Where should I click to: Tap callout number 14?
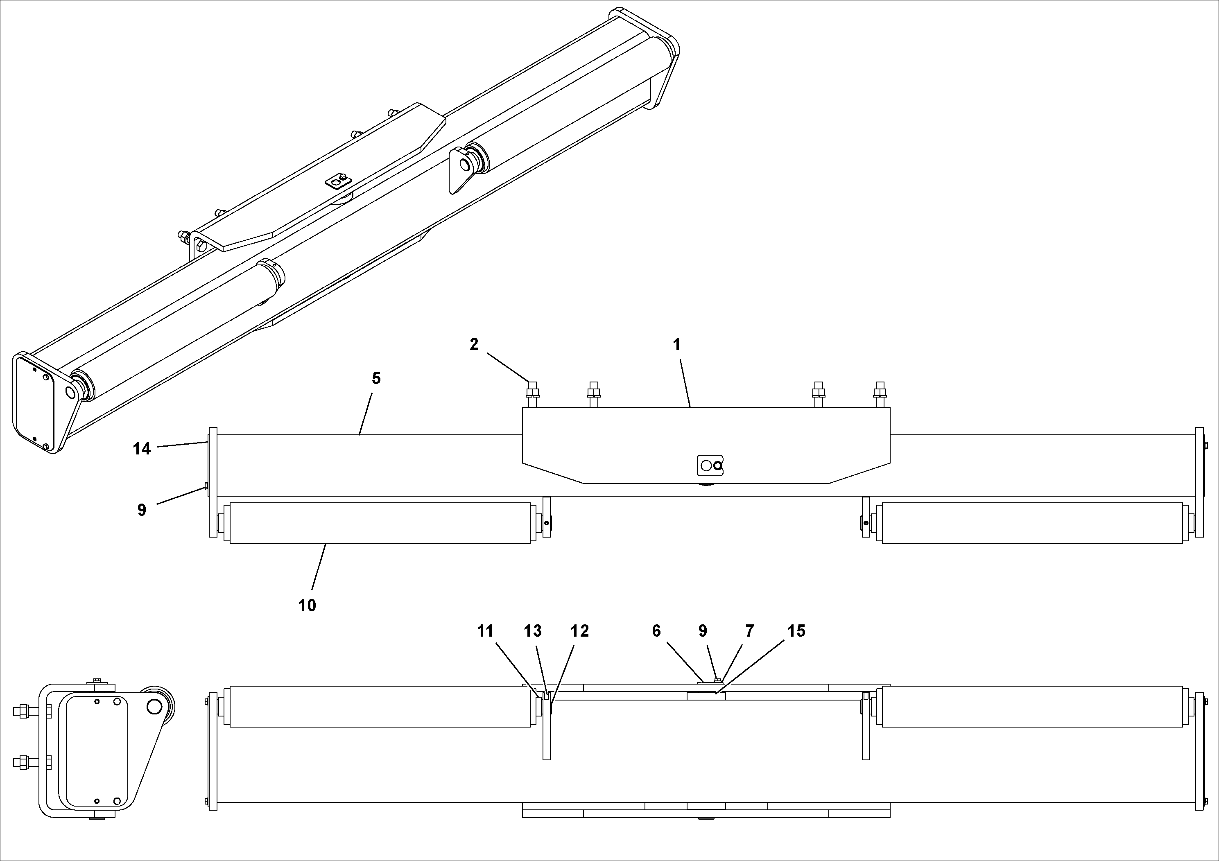coord(142,449)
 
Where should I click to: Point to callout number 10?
coord(307,606)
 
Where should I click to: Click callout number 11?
coord(485,631)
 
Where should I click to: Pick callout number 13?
coord(532,631)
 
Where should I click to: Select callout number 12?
coord(580,631)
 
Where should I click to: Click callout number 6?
coord(656,631)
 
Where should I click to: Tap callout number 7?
coord(749,631)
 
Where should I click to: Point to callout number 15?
coord(796,631)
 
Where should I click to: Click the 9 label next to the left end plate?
coord(142,510)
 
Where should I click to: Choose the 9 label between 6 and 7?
coord(702,631)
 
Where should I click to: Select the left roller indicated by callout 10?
coord(380,523)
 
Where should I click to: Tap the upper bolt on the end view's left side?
coord(24,711)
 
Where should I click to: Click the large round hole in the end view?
coord(154,707)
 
